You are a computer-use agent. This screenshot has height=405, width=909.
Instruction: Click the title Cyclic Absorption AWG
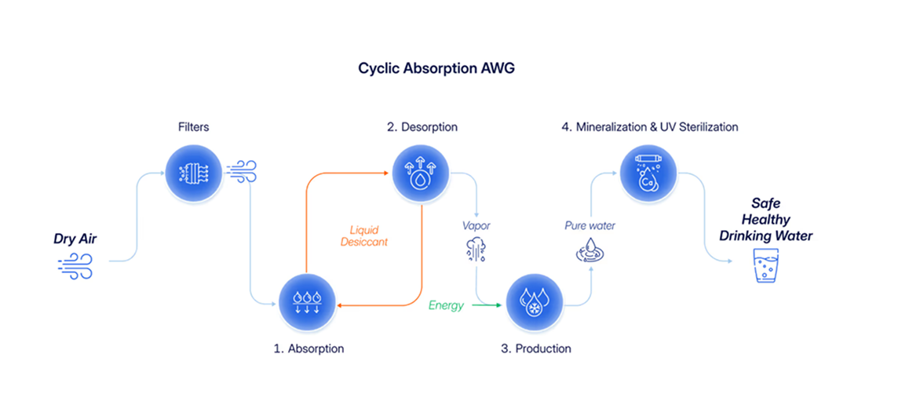tap(436, 68)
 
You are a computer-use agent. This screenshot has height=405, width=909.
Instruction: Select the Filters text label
tap(193, 126)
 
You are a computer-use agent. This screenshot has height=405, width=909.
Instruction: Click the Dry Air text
tap(75, 239)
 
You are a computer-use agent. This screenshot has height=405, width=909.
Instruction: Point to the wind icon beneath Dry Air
tap(75, 267)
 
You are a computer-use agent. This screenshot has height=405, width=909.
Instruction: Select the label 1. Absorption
tap(308, 348)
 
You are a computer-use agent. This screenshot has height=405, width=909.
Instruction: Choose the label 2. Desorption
tap(422, 127)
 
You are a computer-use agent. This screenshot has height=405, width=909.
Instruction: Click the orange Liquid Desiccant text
tap(364, 236)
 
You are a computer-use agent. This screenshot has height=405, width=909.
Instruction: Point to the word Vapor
tap(476, 226)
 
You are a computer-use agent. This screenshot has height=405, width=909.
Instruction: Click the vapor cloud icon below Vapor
tap(476, 250)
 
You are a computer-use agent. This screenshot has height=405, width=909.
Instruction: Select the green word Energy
tap(446, 305)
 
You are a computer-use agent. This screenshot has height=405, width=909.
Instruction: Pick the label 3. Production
tap(536, 348)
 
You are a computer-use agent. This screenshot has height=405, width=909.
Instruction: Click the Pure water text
tap(590, 226)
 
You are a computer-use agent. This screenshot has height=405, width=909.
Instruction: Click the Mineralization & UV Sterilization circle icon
tap(648, 174)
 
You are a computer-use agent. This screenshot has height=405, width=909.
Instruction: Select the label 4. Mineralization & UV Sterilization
tap(649, 127)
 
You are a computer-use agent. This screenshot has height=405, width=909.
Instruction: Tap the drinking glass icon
tap(765, 266)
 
